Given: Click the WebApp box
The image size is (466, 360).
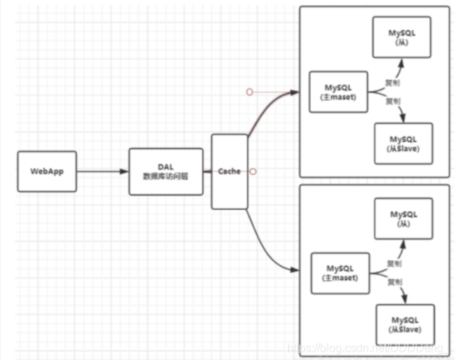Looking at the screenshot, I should [47, 171].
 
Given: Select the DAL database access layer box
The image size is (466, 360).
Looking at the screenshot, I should [165, 171].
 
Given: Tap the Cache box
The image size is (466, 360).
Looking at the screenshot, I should [229, 171].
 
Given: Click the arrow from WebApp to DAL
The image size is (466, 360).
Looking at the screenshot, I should [102, 171].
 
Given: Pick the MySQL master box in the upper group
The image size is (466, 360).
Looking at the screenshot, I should [338, 92].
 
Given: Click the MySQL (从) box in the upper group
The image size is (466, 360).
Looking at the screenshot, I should [401, 37].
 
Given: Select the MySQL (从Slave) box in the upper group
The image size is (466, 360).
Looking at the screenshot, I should [403, 144].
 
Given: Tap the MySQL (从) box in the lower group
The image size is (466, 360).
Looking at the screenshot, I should [404, 218].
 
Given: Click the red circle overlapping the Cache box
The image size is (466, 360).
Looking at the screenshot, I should [253, 171].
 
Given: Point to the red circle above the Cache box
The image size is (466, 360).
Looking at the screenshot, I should [250, 92].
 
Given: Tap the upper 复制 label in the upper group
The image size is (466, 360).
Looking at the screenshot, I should [392, 82].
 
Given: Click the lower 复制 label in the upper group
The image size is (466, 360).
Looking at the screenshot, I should [392, 101].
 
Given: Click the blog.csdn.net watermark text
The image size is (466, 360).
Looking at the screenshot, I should [366, 348].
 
